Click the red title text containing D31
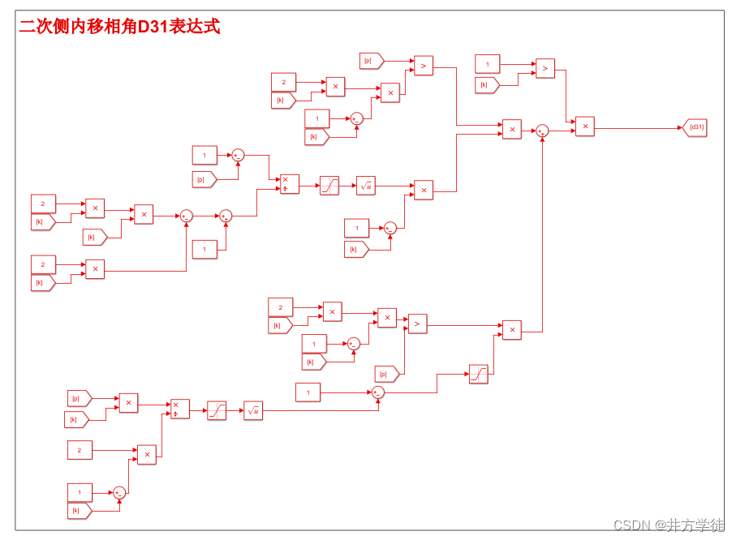click(x=119, y=27)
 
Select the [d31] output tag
click(x=695, y=127)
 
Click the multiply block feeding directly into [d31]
click(x=585, y=126)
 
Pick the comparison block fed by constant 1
click(x=545, y=69)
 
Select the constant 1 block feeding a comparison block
click(x=488, y=64)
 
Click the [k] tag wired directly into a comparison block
click(x=486, y=85)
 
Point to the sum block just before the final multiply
click(x=542, y=131)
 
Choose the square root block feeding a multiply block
click(x=366, y=186)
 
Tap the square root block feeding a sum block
click(x=253, y=411)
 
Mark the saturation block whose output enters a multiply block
click(x=479, y=374)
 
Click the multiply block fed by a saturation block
click(x=511, y=329)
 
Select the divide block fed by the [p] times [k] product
click(x=179, y=409)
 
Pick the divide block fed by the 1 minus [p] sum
click(x=289, y=184)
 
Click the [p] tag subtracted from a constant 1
click(x=204, y=179)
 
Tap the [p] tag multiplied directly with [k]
click(x=79, y=398)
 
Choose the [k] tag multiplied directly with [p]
click(x=76, y=419)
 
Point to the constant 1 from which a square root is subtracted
click(x=308, y=393)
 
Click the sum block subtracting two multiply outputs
click(x=186, y=216)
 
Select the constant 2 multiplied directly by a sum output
click(x=80, y=450)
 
